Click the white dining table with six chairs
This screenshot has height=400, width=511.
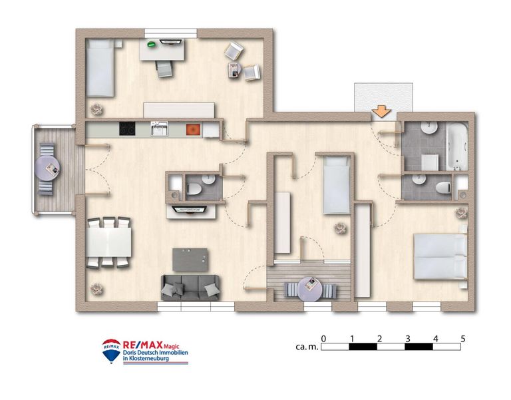[x=108, y=241]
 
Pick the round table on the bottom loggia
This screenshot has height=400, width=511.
[x=310, y=288]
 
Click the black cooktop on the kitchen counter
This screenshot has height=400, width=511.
[x=128, y=129]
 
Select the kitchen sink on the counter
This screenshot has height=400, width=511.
[x=159, y=129]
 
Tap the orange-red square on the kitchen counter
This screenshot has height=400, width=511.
[x=192, y=129]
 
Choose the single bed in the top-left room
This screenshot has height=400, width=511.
[x=100, y=67]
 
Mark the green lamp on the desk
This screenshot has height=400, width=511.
[x=151, y=45]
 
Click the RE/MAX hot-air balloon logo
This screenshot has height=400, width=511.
[x=111, y=351]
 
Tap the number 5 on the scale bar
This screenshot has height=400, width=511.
[x=462, y=339]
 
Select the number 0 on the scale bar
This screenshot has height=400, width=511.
[x=323, y=339]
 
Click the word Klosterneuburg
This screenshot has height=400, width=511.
[x=151, y=358]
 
